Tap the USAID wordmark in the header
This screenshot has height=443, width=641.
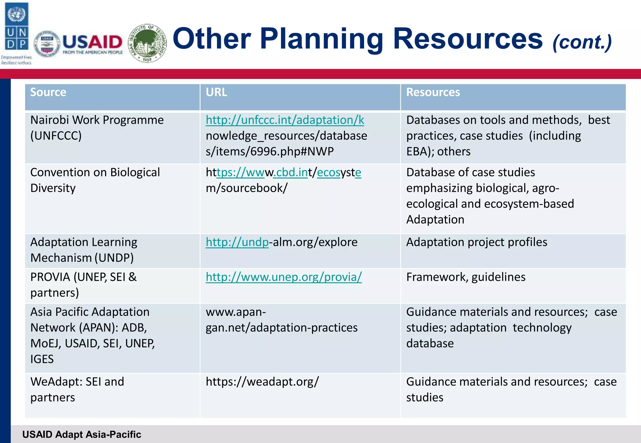click(92, 42)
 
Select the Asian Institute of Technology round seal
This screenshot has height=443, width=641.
click(147, 43)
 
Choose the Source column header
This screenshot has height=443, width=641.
click(48, 92)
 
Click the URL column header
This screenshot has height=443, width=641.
click(216, 92)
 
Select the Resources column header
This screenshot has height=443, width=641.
click(433, 92)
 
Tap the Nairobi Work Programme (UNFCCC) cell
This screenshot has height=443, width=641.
click(97, 128)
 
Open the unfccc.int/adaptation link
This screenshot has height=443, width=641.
click(285, 120)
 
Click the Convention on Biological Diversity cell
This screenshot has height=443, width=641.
click(95, 180)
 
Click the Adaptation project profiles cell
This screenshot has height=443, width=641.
click(476, 242)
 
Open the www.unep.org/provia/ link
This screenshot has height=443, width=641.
click(284, 277)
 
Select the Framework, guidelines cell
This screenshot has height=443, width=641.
click(466, 277)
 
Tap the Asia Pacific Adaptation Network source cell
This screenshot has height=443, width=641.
click(92, 335)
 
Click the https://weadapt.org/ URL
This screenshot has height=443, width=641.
click(262, 382)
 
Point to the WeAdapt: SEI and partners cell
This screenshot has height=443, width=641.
click(77, 389)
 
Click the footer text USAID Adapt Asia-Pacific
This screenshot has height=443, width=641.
click(82, 434)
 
